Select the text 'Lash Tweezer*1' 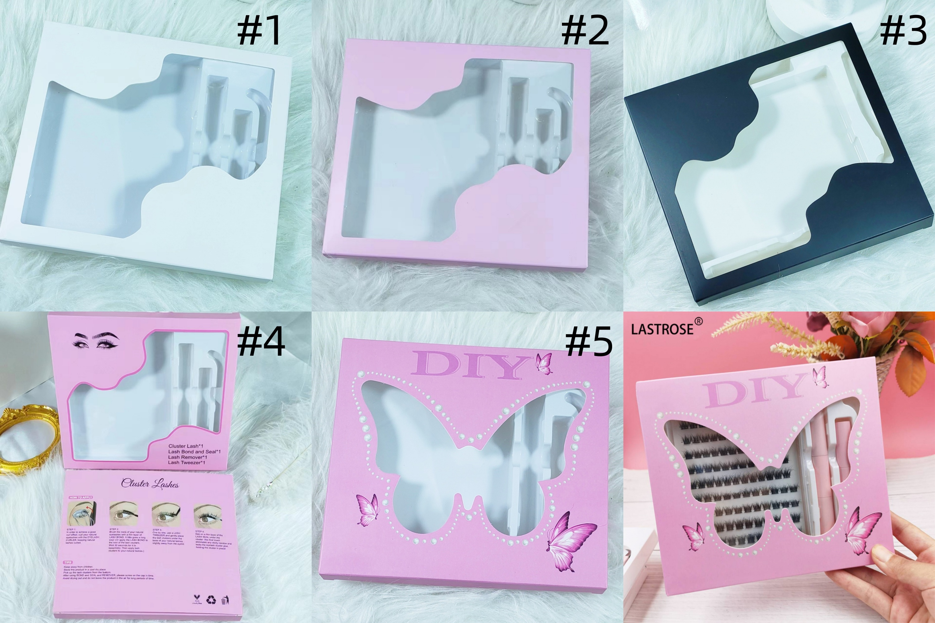pos(186,462)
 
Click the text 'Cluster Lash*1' pos(186,446)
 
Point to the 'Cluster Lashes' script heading pos(150,483)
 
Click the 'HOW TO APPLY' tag pos(81,497)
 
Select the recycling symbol pos(211,600)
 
